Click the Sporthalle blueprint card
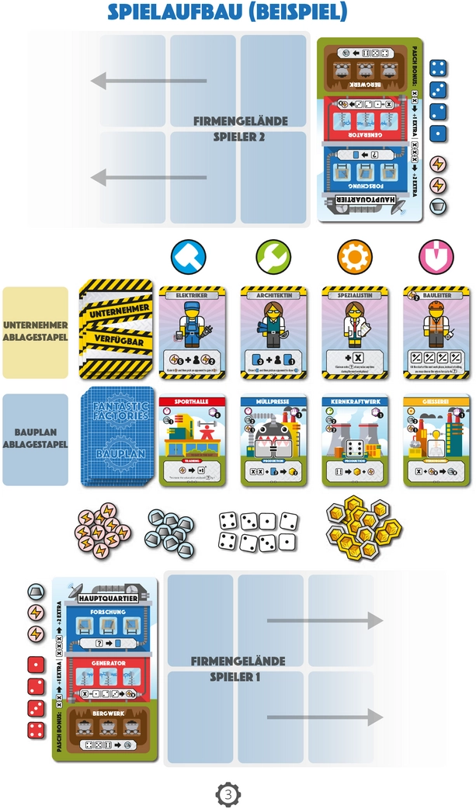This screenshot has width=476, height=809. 191,441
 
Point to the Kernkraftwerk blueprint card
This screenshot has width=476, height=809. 354,441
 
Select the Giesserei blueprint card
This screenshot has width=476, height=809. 436,441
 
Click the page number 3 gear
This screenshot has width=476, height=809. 228,794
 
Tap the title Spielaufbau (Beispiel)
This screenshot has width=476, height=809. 227,12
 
